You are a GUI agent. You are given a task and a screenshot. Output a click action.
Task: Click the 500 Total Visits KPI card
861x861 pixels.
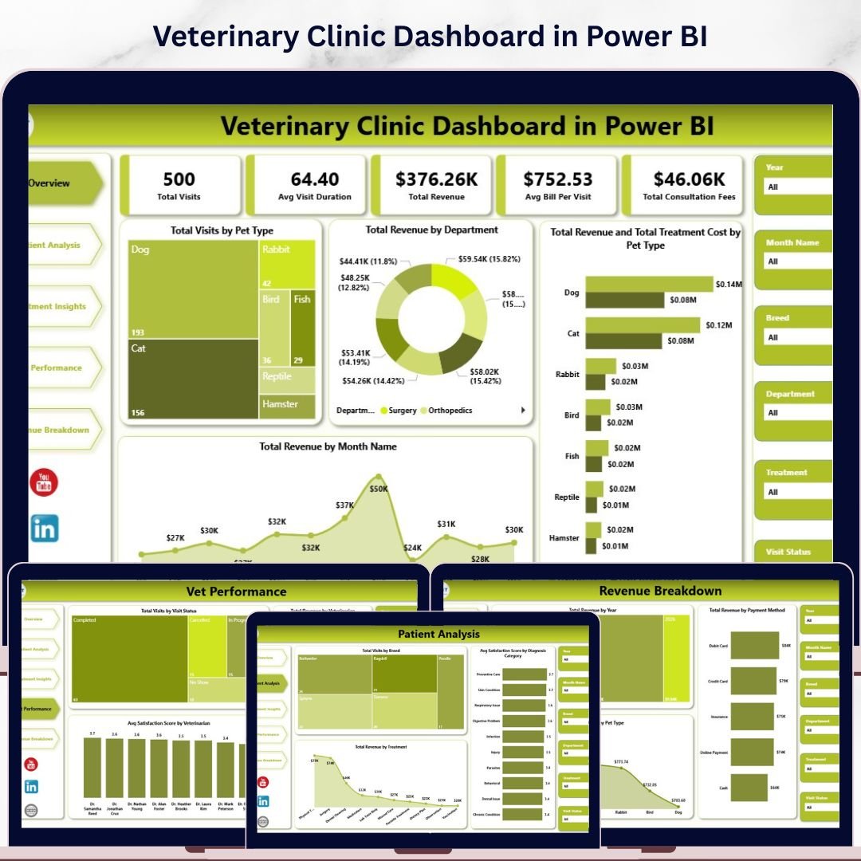tap(179, 185)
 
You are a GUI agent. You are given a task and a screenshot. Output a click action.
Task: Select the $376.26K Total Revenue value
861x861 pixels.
tap(435, 179)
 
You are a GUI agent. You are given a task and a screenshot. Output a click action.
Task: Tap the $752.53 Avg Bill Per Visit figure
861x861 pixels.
tap(558, 179)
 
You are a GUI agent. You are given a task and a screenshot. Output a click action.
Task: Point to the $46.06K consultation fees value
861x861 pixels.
tap(689, 179)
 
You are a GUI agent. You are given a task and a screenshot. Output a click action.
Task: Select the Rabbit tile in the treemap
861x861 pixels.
tap(287, 265)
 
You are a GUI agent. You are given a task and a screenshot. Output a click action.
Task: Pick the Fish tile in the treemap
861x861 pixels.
tap(303, 327)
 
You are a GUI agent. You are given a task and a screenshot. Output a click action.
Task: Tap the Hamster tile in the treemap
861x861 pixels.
tap(287, 405)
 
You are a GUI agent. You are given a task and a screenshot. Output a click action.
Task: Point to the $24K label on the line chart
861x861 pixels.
tap(412, 548)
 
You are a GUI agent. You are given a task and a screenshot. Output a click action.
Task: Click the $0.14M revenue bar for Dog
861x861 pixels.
tap(649, 285)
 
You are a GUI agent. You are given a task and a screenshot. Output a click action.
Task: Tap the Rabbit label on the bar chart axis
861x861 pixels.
tap(567, 374)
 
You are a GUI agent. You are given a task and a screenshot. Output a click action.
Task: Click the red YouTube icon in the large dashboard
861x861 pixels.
tap(44, 482)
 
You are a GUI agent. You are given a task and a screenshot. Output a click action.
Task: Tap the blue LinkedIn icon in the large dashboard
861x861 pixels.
tap(45, 528)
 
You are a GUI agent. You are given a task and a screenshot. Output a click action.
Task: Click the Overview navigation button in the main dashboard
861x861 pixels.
tap(60, 183)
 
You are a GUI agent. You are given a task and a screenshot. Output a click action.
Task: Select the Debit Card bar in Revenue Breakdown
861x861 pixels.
tap(754, 645)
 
